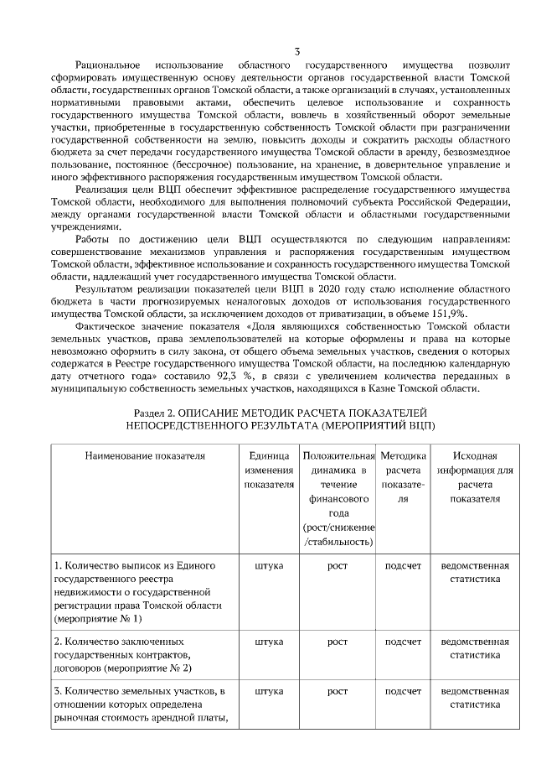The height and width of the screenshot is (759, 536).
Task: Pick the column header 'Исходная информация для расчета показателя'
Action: tap(475, 476)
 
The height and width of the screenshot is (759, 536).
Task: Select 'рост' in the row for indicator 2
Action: tap(338, 642)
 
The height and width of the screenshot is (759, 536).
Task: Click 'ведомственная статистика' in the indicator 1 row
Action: tap(475, 572)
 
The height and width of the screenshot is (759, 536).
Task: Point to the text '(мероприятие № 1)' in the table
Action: tap(97, 619)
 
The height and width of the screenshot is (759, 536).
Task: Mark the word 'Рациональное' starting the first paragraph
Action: tap(108, 65)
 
